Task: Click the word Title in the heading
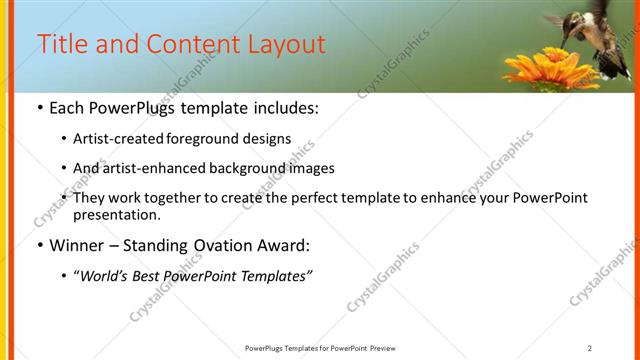click(x=61, y=45)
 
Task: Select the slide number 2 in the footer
click(x=590, y=348)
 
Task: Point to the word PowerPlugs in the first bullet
click(x=130, y=107)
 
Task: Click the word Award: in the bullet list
click(x=284, y=245)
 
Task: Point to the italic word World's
click(x=106, y=276)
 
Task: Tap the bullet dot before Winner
click(x=39, y=246)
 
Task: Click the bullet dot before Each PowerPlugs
click(x=39, y=108)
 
